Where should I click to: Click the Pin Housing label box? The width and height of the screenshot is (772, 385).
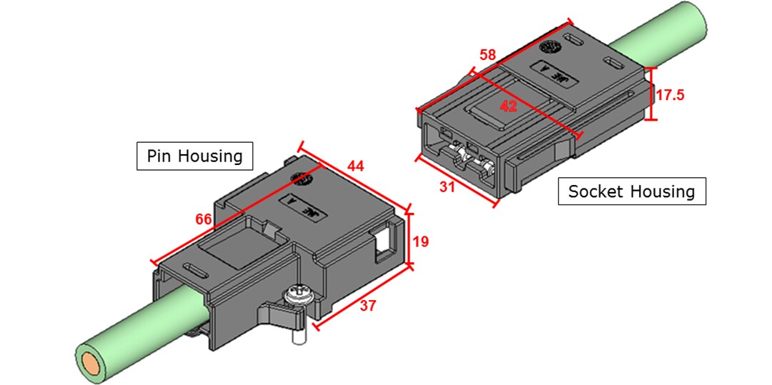(194, 155)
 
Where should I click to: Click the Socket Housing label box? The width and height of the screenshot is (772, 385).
(631, 191)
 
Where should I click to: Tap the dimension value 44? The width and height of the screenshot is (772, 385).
(355, 166)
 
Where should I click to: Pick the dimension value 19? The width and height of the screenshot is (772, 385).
(421, 241)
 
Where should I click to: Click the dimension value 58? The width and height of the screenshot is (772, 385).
(488, 54)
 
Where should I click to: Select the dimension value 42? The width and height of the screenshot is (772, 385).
(508, 107)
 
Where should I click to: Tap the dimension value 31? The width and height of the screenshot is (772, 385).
(447, 187)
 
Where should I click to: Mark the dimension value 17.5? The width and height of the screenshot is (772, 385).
(670, 94)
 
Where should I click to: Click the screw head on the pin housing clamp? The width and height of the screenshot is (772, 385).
(296, 293)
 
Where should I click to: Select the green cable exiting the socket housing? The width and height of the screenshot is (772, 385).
(665, 32)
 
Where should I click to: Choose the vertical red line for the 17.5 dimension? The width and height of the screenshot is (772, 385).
(650, 94)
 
